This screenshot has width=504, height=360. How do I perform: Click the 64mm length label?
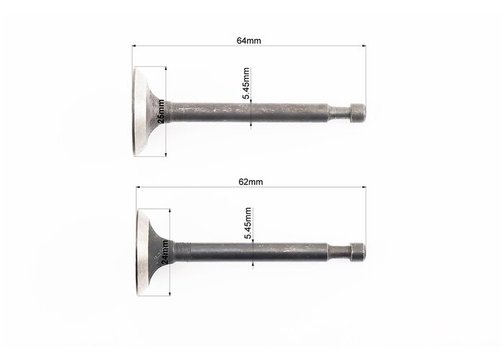[x=249, y=41]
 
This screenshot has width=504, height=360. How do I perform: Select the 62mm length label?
[x=251, y=182]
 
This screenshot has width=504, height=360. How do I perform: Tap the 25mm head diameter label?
[x=161, y=111]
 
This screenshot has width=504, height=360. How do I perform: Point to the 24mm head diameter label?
[x=165, y=252]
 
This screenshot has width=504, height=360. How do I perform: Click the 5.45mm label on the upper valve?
[x=246, y=84]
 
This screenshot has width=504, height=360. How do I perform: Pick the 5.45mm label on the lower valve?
[x=248, y=223]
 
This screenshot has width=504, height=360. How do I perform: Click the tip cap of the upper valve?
[x=357, y=113]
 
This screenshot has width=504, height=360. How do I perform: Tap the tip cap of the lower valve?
[x=358, y=252]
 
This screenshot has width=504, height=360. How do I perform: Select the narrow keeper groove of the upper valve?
[x=339, y=113]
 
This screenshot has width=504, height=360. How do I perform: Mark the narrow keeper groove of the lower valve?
[x=339, y=252]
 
